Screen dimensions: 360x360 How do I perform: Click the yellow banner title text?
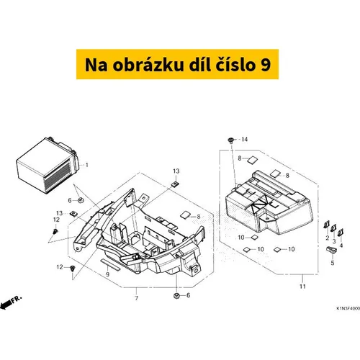tap(178, 65)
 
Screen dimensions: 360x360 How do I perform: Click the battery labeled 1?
tap(48, 165)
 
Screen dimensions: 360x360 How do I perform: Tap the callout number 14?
tap(244, 140)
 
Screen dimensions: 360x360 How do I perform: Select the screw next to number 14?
tap(231, 140)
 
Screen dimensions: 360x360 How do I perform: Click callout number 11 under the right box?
tap(302, 287)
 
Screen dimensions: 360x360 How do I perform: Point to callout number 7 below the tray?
tap(136, 298)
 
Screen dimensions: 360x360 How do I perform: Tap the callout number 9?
tap(107, 274)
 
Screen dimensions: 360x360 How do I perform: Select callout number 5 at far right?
tap(333, 263)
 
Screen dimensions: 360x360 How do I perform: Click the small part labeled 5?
tap(332, 250)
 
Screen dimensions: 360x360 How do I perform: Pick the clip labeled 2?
tap(327, 225)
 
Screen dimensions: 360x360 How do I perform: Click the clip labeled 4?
tap(341, 233)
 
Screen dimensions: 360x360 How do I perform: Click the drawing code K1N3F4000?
tap(348, 308)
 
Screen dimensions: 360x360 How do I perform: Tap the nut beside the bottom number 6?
tap(176, 296)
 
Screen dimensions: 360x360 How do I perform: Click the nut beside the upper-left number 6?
tap(81, 199)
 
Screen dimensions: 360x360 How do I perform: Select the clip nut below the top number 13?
tap(176, 184)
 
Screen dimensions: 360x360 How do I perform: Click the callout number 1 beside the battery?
tap(86, 165)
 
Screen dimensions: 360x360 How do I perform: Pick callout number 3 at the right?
tap(334, 241)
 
